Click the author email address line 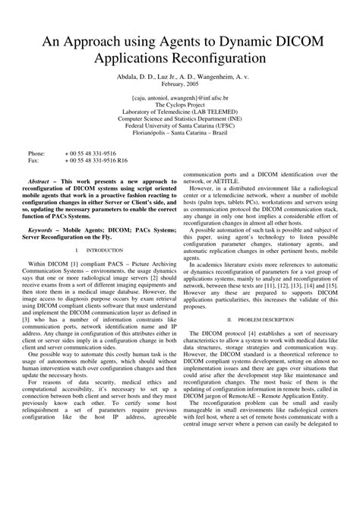click(x=180, y=98)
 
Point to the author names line click(x=180, y=76)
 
